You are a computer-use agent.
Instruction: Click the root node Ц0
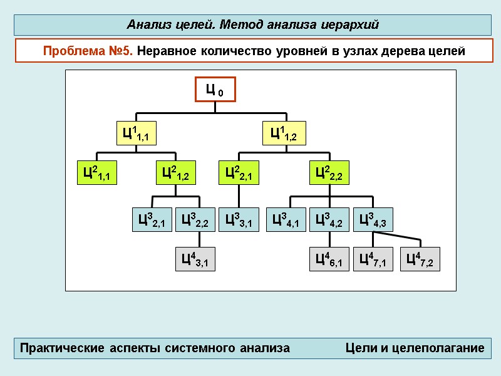[x=215, y=91]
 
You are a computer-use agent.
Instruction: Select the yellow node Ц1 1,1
[x=135, y=133]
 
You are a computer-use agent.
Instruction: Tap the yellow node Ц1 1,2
[x=284, y=133]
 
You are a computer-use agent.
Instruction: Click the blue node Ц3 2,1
[x=152, y=220]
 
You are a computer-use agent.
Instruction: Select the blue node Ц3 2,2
[x=195, y=220]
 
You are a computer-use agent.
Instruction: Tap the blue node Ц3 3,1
[x=239, y=220]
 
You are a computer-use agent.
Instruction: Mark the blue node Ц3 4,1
[x=286, y=220]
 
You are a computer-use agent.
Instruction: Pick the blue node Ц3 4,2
[x=329, y=220]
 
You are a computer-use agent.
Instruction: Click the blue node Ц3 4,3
[x=373, y=220]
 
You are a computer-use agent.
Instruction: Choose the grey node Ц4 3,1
[x=195, y=259]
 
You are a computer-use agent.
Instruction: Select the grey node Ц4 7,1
[x=373, y=259]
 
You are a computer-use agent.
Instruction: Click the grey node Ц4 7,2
[x=420, y=259]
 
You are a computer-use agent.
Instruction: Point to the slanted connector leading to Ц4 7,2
[x=398, y=238]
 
